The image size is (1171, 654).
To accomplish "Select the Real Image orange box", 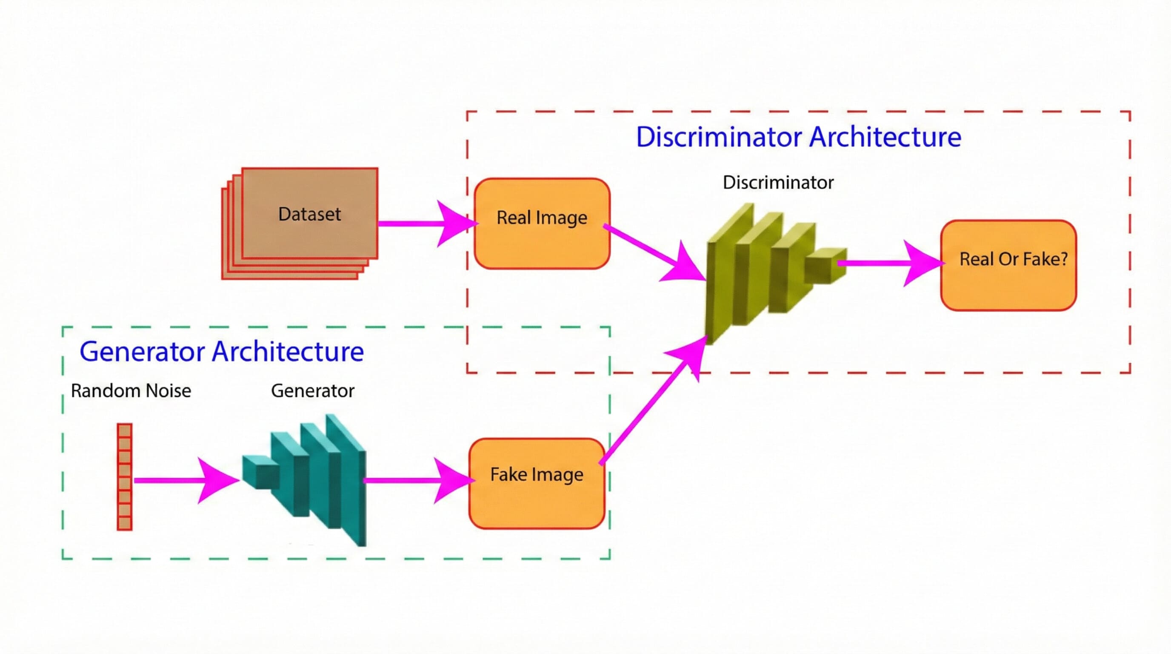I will pos(541,223).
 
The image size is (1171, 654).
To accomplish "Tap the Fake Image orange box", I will pos(537,483).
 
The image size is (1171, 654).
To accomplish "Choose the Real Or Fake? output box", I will pos(1008,265).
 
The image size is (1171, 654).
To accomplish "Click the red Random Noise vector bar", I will pos(125,476).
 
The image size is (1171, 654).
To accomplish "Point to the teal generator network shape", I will pos(318,478).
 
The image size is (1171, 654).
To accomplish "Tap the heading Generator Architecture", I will pos(221,352).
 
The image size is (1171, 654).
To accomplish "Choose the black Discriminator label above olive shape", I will pos(778,182).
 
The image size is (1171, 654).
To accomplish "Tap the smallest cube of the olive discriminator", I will pos(825,266).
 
